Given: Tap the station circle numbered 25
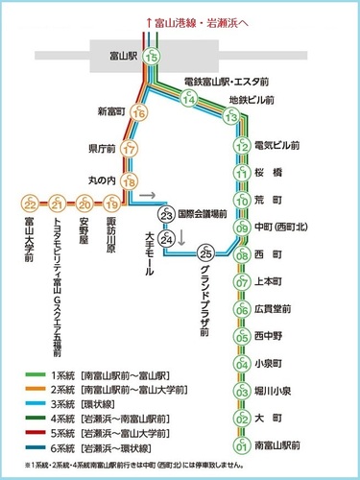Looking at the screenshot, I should [204, 253].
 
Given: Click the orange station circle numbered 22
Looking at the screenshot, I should [31, 204].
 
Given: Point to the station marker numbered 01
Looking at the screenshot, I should [242, 446].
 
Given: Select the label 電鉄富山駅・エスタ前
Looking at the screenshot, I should [232, 82].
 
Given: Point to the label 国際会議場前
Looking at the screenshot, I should [203, 215].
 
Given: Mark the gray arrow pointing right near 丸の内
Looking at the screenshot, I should [145, 195].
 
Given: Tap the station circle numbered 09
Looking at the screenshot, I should [242, 228].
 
